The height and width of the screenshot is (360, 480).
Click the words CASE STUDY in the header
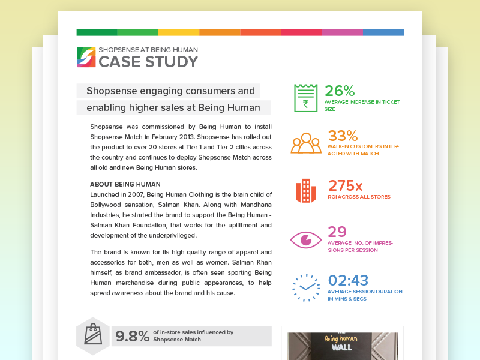[x=148, y=61]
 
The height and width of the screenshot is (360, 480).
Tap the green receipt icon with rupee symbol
[x=305, y=98]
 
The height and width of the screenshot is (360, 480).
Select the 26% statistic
[x=340, y=91]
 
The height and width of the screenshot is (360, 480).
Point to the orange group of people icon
[x=306, y=143]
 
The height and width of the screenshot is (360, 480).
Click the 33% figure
[x=343, y=136]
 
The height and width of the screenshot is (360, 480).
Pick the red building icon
[x=306, y=190]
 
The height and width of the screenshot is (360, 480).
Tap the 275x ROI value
[x=345, y=185]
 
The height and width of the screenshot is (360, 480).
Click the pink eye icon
[x=306, y=239]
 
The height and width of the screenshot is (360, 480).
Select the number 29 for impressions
[x=337, y=232]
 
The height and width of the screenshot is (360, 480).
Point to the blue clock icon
[x=307, y=287]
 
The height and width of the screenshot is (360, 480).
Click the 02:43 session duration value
[x=348, y=280]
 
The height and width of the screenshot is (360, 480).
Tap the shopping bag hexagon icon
[x=93, y=335]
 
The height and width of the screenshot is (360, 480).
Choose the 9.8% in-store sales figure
[x=132, y=336]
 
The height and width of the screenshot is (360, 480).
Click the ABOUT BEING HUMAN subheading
[x=125, y=184]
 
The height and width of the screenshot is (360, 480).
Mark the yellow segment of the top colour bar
[x=178, y=32]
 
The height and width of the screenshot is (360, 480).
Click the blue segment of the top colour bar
[x=383, y=32]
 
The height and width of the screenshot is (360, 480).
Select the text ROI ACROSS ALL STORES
[x=359, y=197]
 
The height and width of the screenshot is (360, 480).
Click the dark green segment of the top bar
[x=97, y=32]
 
